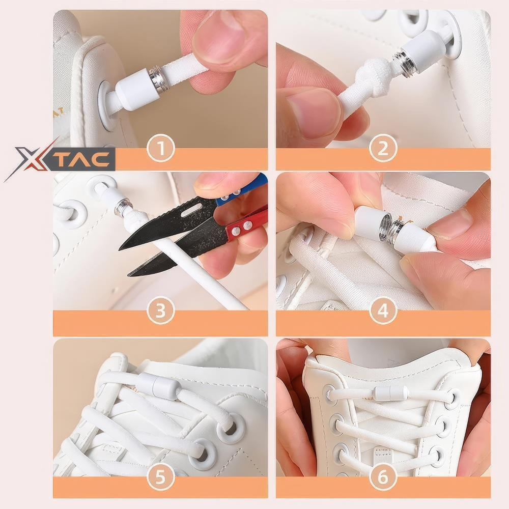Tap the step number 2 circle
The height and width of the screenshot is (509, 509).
(x=383, y=149)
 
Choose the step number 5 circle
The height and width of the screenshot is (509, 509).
(x=161, y=477)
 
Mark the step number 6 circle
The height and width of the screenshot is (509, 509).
(x=383, y=477)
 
